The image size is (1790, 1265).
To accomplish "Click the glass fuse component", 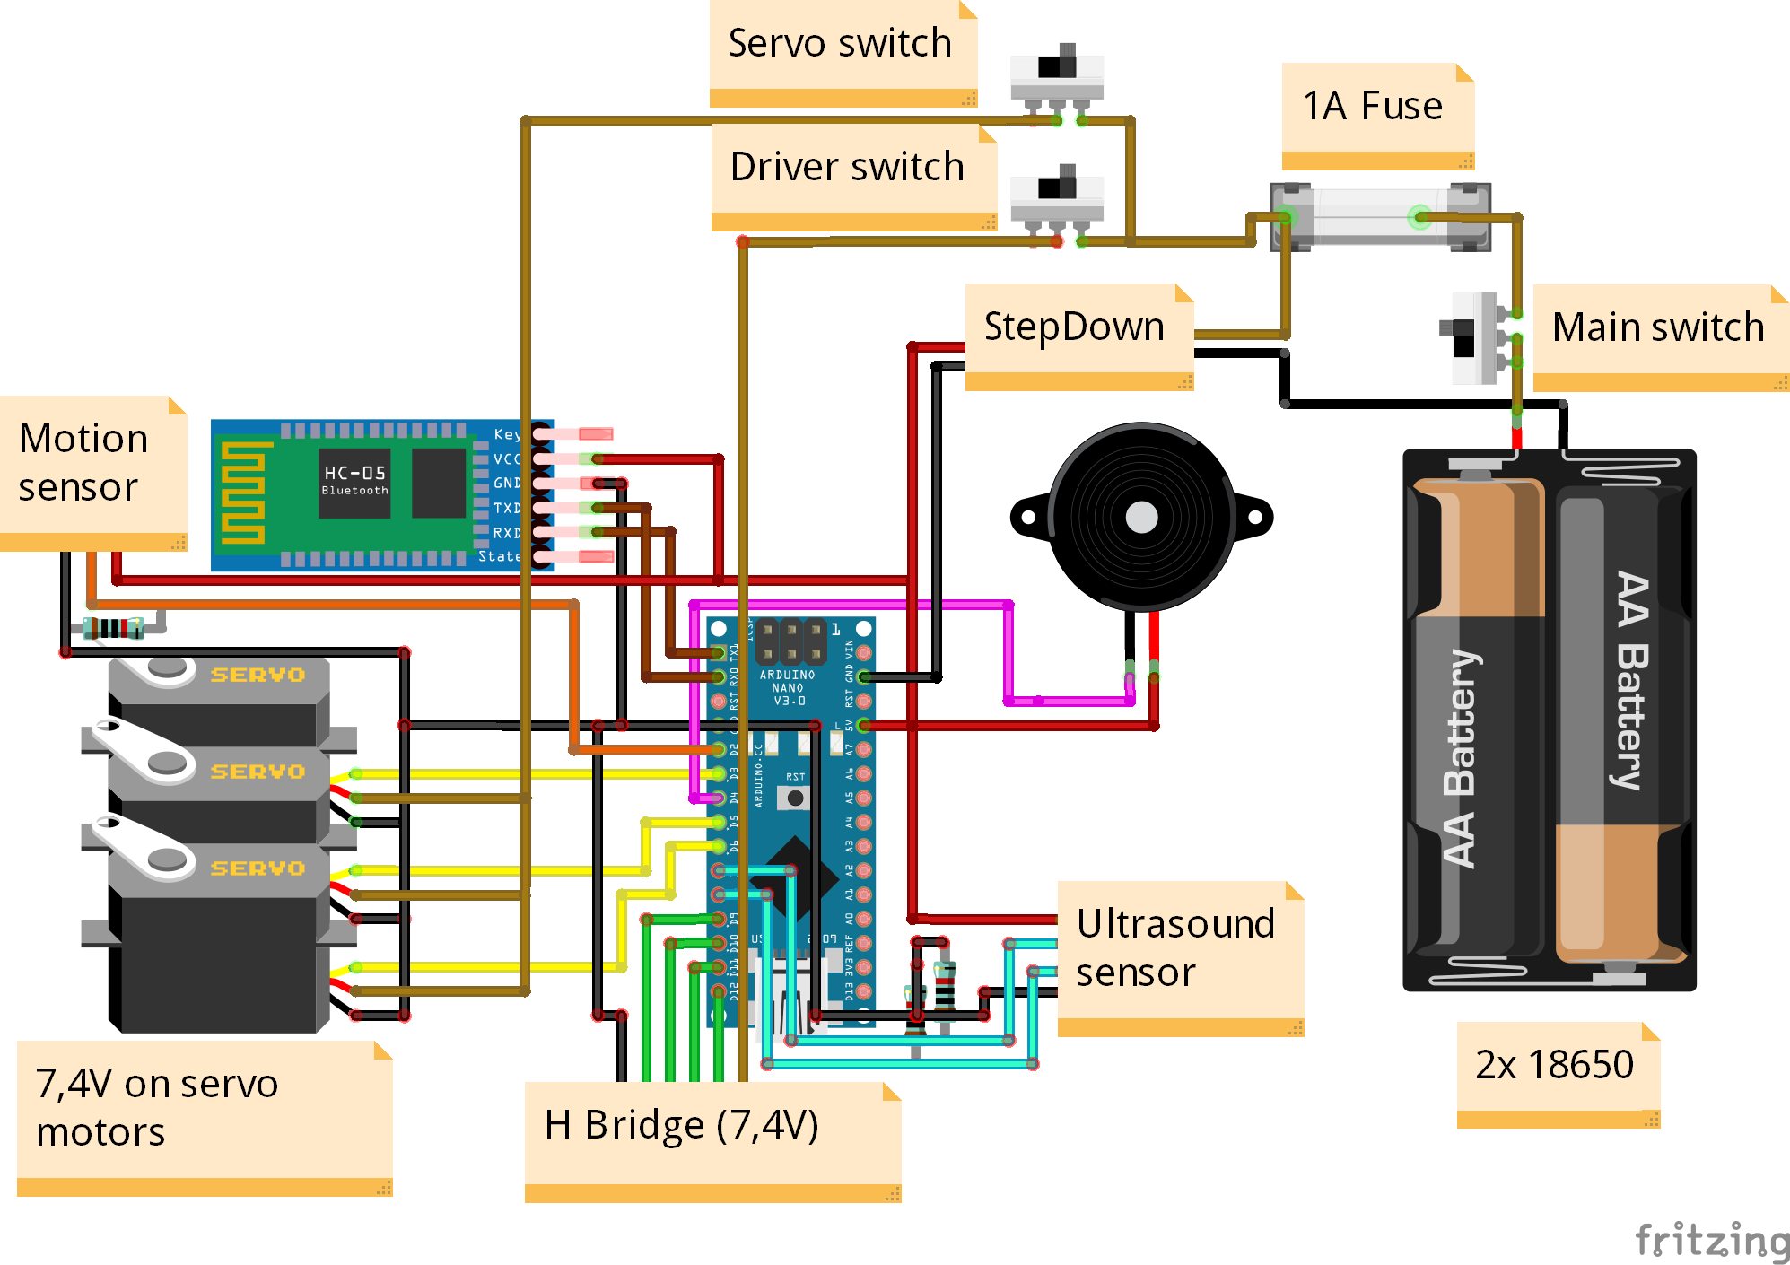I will (x=1379, y=217).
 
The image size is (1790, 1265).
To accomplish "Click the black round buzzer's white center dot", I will (x=1141, y=517).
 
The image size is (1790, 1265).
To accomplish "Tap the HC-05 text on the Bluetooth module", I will (x=354, y=473).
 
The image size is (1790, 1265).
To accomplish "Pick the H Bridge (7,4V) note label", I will (x=683, y=1126).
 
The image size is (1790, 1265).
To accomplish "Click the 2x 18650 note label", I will (x=1555, y=1066).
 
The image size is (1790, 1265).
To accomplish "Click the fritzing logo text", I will (x=1711, y=1241).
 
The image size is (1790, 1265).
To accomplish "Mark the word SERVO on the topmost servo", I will (x=258, y=675).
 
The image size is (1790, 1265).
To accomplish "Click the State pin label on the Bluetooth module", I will (x=499, y=556).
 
